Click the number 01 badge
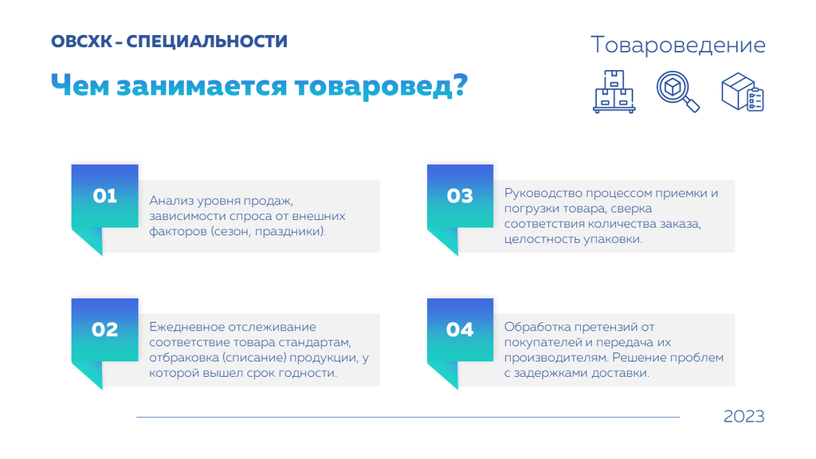click(104, 196)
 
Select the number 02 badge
click(104, 330)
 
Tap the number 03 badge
click(460, 196)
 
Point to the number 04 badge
click(460, 330)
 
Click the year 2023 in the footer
click(743, 416)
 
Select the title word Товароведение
click(678, 45)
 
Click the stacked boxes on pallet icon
click(614, 92)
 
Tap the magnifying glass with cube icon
click(678, 92)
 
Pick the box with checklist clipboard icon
click(743, 92)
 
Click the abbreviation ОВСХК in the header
click(81, 41)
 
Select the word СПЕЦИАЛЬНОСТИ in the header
click(206, 41)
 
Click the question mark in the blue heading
click(461, 84)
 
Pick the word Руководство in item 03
click(543, 194)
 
